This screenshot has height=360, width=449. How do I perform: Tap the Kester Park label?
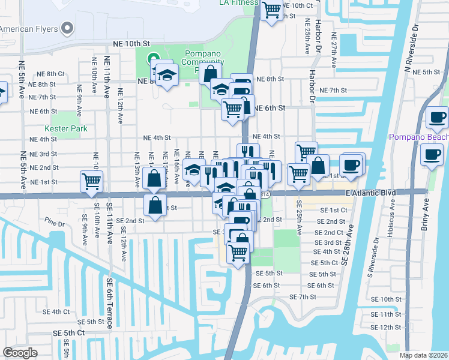point(65,128)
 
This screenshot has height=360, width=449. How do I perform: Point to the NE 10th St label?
point(130,44)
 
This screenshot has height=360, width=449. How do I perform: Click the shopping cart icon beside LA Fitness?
point(273,10)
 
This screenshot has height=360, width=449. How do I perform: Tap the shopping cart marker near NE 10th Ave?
point(91,181)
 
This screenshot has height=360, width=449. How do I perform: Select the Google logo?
point(20,353)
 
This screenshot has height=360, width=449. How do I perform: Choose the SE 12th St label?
point(385,328)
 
